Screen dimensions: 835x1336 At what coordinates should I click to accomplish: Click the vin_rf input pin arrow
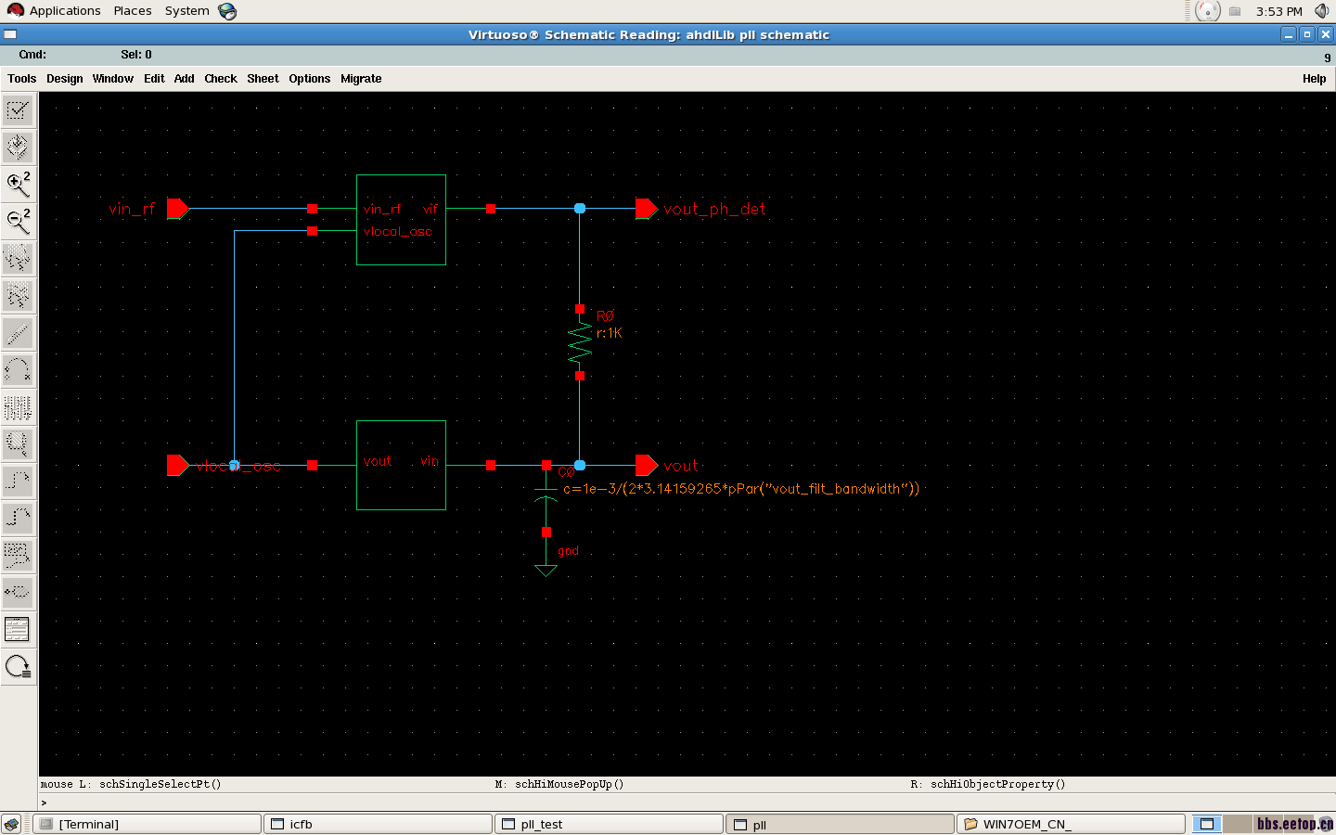pos(177,209)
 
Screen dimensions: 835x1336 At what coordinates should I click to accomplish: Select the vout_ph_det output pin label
pos(714,210)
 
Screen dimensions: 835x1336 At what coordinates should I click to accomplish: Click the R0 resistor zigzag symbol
pos(580,342)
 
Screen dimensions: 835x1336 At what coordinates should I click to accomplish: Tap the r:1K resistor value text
pos(610,333)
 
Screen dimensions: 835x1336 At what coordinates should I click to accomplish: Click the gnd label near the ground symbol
pos(568,551)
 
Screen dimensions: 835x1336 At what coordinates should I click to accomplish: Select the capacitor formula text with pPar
pos(740,489)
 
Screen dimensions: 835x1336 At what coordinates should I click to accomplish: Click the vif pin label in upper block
pos(430,210)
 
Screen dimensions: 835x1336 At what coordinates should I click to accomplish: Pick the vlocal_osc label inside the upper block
pos(398,232)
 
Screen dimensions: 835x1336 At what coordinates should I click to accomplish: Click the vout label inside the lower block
pos(378,461)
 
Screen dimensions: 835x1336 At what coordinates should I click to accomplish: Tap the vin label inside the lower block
pos(429,461)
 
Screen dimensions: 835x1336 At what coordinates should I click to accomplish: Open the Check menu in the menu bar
pos(221,79)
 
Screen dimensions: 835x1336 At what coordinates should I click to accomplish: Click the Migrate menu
pos(361,79)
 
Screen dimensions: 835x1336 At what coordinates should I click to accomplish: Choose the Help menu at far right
pos(1314,79)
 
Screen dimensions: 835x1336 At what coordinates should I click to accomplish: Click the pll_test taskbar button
pos(609,824)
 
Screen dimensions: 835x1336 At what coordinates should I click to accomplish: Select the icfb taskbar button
pos(379,824)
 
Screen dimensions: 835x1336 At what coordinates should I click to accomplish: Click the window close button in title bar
pos(1326,34)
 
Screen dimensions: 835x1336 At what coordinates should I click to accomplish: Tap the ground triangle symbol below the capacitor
pos(546,570)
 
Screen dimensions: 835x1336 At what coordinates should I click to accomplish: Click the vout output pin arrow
pos(647,466)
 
